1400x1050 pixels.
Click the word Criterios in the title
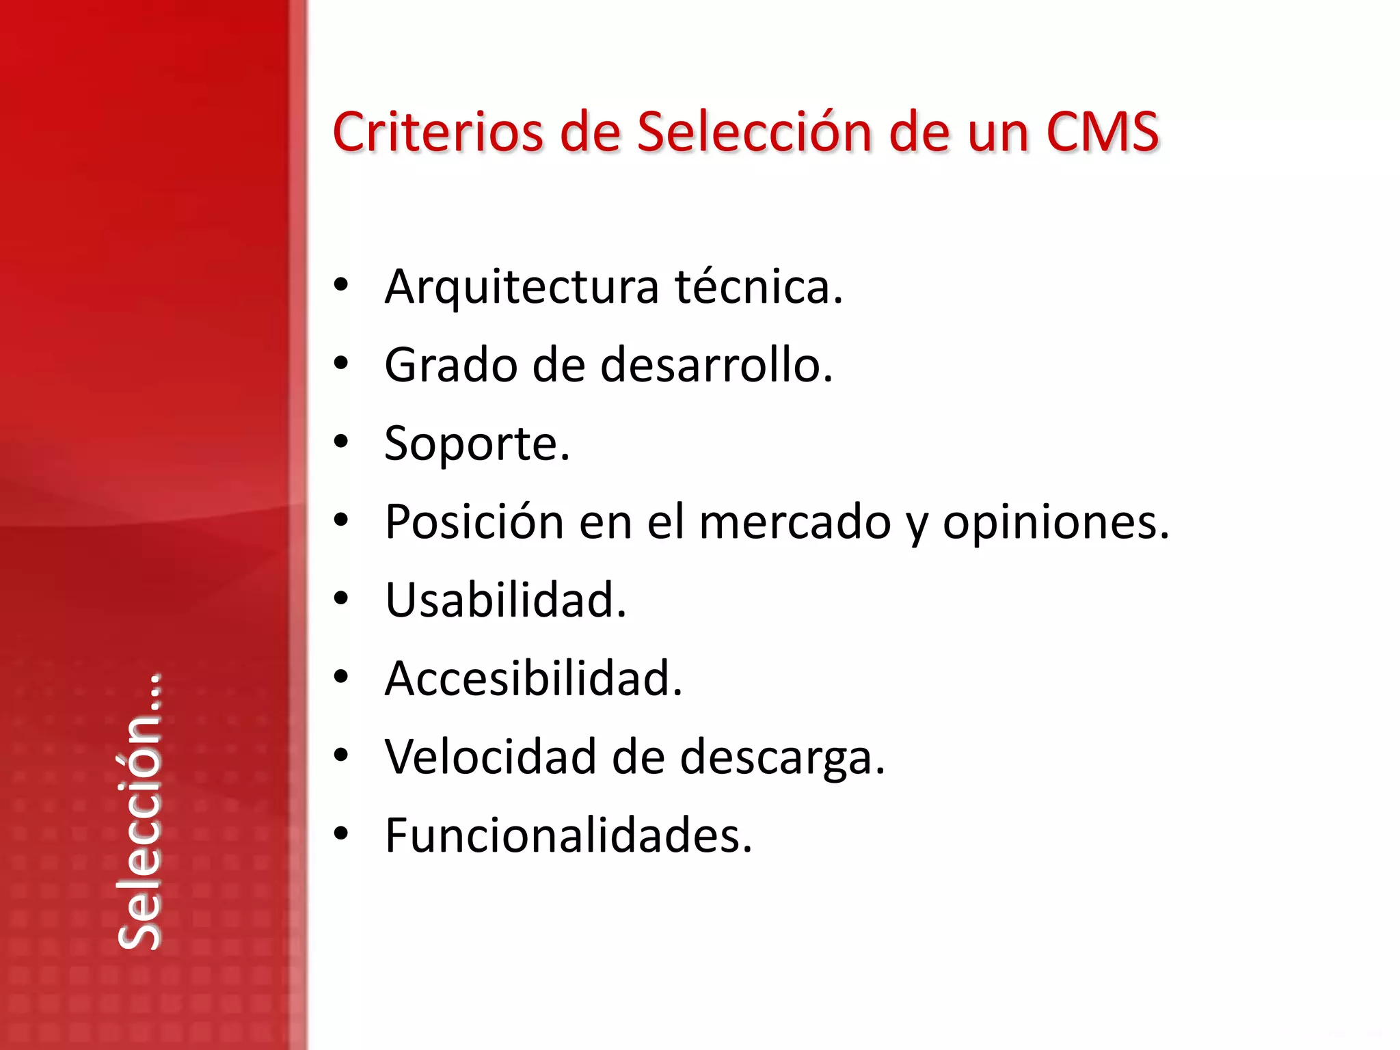pos(437,131)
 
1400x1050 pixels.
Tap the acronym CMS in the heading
pos(1102,131)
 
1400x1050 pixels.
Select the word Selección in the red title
pos(755,131)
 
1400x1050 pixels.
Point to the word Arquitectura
pos(522,287)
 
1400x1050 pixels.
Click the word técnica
pos(759,287)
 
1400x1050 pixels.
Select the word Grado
pos(451,365)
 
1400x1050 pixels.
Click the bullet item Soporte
pos(477,444)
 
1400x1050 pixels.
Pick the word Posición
pos(474,522)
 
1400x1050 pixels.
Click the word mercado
pos(795,522)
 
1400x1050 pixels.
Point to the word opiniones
pos(1055,524)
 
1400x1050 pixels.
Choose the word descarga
pos(782,758)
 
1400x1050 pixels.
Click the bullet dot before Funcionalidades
pos(340,833)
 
